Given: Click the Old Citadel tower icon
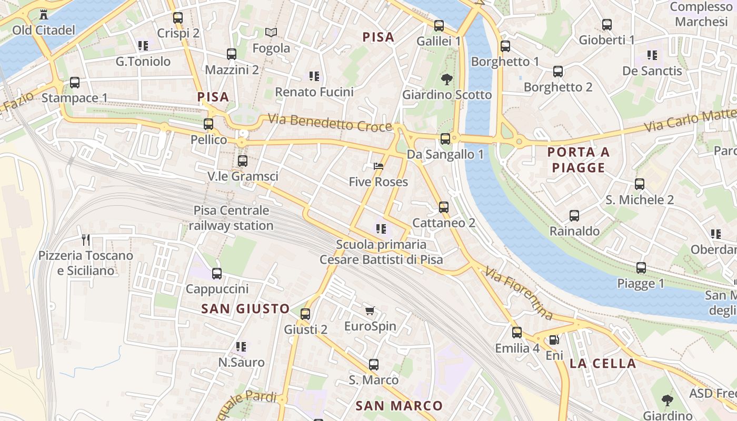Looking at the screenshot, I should [44, 14].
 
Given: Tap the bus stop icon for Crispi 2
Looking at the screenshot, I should [178, 17].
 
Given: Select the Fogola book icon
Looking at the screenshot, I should [271, 33].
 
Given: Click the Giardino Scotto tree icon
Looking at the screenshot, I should [447, 79].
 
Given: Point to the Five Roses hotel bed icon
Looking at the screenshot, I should [378, 166].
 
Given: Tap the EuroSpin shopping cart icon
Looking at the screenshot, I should [370, 310].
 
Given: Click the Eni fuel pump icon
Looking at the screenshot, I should [553, 340].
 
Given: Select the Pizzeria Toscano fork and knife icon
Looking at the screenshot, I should [86, 240].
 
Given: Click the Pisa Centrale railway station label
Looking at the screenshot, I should [231, 218].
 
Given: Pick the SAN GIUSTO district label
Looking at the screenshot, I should [245, 308].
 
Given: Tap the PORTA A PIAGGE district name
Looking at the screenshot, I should [579, 160].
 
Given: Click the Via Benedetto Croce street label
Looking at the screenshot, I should [330, 123].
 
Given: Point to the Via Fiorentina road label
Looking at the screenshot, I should [519, 294].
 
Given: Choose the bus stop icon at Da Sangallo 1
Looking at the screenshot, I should [445, 139].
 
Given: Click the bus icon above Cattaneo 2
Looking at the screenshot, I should [444, 207].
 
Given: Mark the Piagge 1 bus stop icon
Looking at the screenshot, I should [641, 268].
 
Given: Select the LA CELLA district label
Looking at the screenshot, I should [603, 363].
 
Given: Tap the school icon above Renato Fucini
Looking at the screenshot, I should [314, 76].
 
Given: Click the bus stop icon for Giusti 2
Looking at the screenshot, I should [305, 314].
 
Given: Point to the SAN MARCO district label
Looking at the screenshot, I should [399, 406].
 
